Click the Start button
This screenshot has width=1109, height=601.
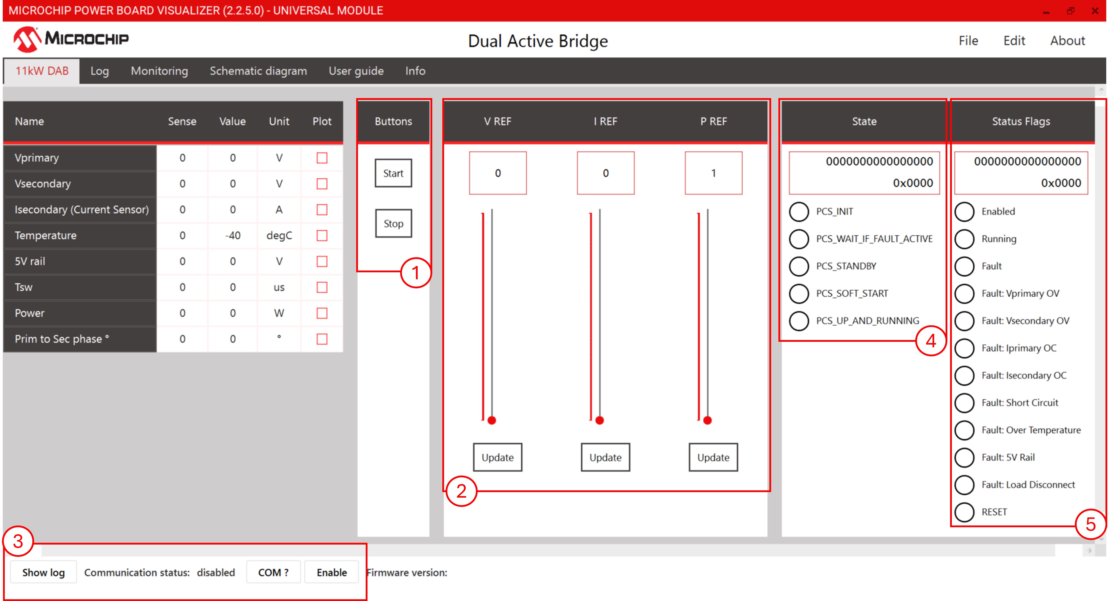pos(393,173)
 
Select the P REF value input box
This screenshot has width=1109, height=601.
pos(713,173)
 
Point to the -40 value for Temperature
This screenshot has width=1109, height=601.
pos(232,235)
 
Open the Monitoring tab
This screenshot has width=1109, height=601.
pos(159,71)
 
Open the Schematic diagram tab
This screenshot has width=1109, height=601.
pos(258,71)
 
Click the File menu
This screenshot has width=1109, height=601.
pos(968,41)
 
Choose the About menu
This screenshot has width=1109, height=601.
pos(1067,41)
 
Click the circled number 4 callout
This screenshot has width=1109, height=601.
pos(931,341)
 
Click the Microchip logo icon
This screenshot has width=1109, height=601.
pos(27,39)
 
